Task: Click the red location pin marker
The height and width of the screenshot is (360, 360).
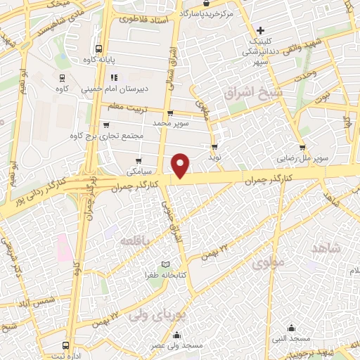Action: coord(181,165)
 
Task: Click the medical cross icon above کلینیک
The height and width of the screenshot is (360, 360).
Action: coord(261,30)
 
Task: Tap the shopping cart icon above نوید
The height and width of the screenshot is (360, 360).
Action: coord(214,146)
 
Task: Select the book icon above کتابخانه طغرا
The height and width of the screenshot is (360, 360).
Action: coord(165,264)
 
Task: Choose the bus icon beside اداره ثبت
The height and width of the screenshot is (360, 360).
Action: coord(65,345)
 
